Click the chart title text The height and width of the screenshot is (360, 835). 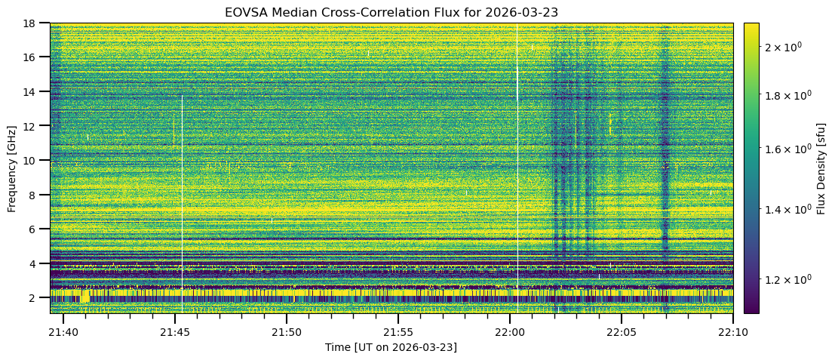coord(391,12)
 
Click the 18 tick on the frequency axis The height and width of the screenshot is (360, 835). coord(33,23)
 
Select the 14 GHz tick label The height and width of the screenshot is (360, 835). coord(33,91)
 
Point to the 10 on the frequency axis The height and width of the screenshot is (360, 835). coord(33,160)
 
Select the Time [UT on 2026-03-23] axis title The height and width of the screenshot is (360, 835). coord(391,347)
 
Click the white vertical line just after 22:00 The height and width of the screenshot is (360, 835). coord(517,151)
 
